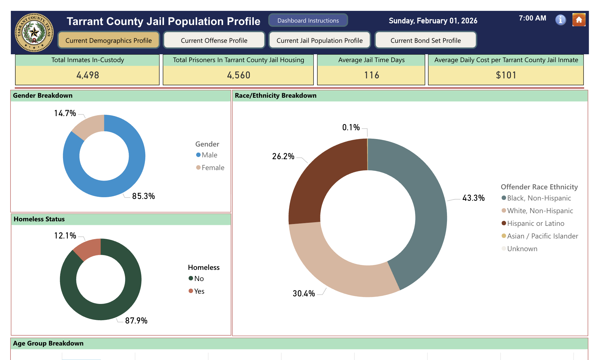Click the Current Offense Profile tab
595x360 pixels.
[214, 40]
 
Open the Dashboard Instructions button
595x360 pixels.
[308, 21]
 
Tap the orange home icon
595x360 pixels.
[579, 20]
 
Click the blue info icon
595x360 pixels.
[560, 20]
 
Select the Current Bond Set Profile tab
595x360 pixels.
[426, 40]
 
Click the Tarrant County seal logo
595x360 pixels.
[34, 32]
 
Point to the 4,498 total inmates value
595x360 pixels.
[87, 75]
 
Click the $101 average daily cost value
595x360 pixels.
[506, 75]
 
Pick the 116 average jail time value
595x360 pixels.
[371, 75]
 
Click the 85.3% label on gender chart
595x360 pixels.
[143, 196]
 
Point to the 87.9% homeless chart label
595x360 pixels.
[136, 321]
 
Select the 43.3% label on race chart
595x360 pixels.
[473, 198]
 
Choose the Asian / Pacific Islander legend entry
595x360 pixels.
[542, 236]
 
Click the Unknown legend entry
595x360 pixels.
[522, 249]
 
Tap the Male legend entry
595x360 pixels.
[209, 155]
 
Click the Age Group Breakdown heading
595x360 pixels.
[48, 343]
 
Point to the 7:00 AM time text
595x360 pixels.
[532, 18]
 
